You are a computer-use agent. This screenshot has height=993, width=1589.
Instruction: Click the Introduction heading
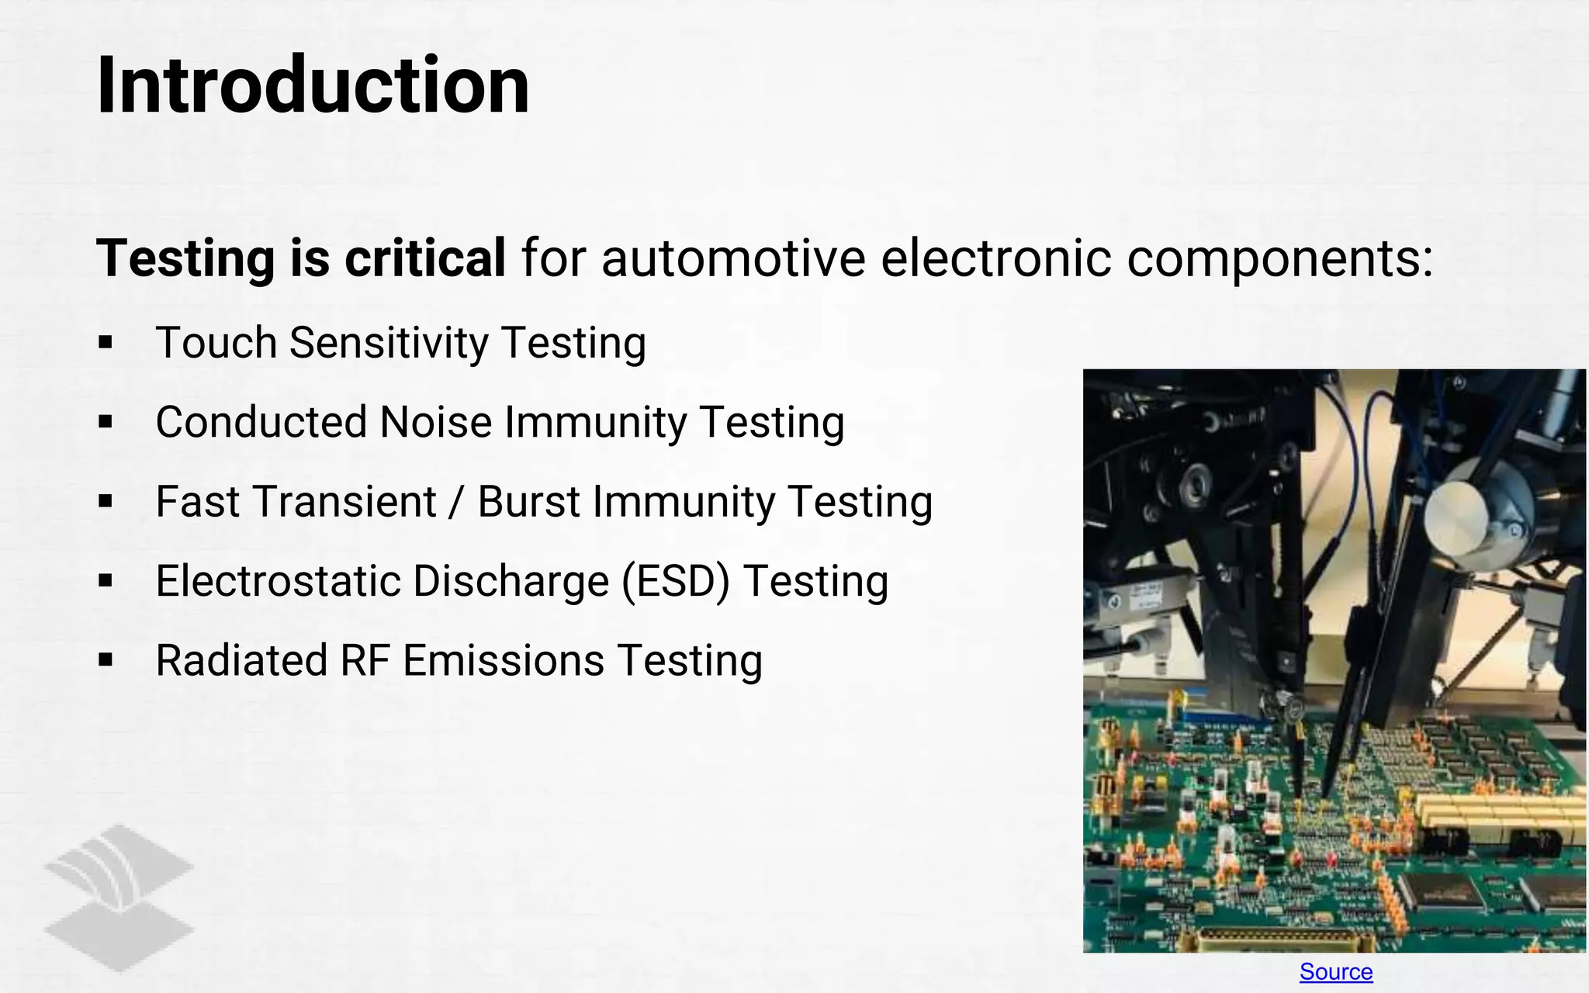[313, 85]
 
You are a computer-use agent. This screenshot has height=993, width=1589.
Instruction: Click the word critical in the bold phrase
[425, 258]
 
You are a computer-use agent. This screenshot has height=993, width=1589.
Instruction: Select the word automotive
[733, 258]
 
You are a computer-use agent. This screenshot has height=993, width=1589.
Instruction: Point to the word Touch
[216, 343]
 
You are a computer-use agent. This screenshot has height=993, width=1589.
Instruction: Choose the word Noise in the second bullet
[435, 423]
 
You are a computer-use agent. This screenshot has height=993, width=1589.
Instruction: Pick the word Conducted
[261, 423]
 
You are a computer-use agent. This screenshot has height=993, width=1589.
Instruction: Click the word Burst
[528, 502]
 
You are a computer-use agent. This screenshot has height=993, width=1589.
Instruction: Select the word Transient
[345, 502]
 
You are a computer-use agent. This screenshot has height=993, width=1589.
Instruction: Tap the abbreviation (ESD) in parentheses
[676, 582]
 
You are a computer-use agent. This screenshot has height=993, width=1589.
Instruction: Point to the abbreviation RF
[365, 661]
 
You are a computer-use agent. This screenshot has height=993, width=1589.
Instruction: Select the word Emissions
[503, 661]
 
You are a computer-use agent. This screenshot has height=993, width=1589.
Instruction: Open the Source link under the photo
[1335, 971]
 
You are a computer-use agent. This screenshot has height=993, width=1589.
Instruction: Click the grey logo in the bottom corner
[119, 898]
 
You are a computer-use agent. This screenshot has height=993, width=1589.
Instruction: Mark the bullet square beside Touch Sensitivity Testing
[106, 343]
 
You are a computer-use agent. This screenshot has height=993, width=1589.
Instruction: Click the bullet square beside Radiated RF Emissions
[106, 661]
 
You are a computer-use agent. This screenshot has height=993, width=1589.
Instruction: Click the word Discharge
[511, 582]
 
